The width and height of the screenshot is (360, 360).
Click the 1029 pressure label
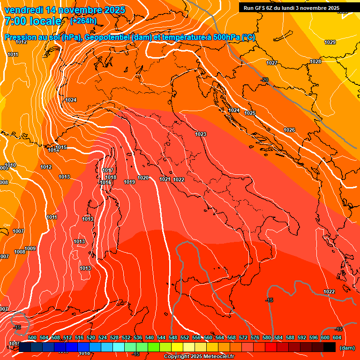click(330, 43)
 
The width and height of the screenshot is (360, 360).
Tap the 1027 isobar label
click(272, 63)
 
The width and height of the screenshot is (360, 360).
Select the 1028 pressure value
click(315, 62)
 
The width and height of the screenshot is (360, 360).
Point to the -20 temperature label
click(265, 80)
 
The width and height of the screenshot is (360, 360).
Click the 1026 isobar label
click(289, 130)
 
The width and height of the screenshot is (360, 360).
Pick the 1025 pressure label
click(250, 113)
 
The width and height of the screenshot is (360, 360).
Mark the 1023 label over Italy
click(201, 135)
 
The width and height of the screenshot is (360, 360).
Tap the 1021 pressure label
click(165, 180)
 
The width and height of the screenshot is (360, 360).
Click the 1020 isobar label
click(143, 178)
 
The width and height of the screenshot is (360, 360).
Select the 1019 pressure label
click(129, 182)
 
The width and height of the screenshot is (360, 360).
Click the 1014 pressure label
click(53, 150)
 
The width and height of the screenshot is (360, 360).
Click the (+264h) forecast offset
click(83, 21)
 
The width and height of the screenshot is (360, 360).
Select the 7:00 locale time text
click(32, 21)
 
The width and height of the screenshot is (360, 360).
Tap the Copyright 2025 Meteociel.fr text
click(199, 357)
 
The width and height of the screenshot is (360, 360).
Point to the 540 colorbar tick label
click(150, 337)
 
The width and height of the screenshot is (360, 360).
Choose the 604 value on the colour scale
click(337, 337)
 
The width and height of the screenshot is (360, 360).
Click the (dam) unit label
click(347, 348)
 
